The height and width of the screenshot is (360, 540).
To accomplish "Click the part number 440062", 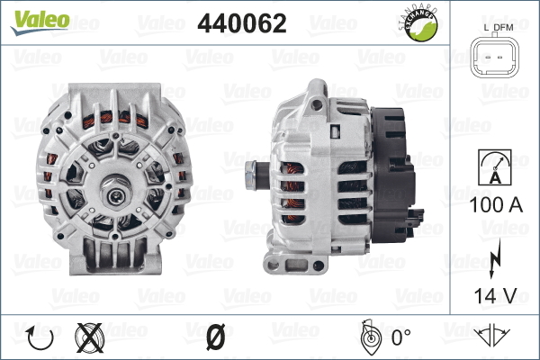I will tap(241, 24).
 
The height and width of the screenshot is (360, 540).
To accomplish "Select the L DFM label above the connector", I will tap(498, 28).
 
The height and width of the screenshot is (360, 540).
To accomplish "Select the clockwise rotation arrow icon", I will tap(40, 338).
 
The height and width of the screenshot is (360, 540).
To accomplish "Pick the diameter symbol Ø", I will tap(214, 338).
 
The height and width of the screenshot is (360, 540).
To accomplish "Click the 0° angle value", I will tap(401, 338).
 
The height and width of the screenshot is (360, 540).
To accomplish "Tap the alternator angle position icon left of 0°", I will tap(366, 337).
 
